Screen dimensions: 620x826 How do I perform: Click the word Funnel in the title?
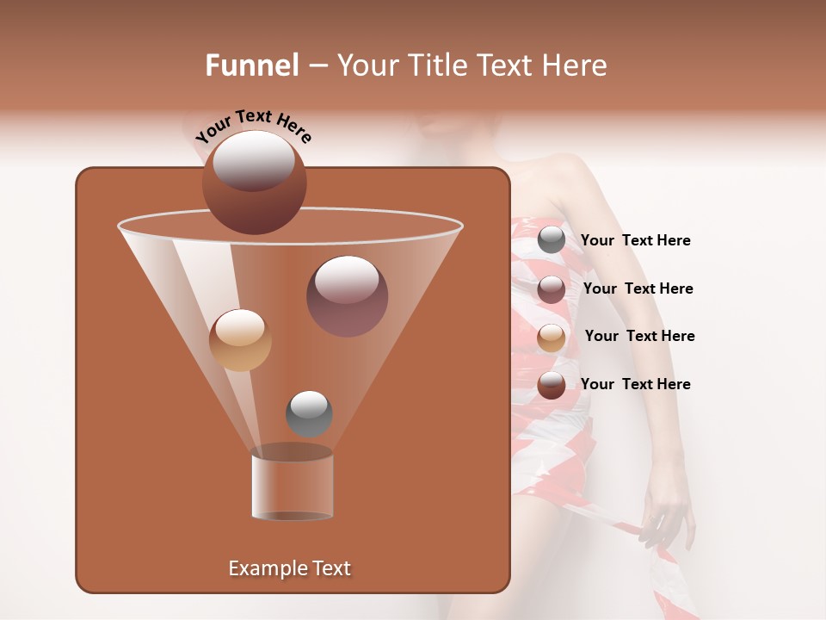(x=252, y=65)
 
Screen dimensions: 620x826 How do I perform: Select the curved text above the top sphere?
(x=253, y=127)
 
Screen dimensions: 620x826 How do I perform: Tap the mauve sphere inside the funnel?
(x=347, y=296)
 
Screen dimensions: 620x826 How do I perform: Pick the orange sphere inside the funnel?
(x=240, y=340)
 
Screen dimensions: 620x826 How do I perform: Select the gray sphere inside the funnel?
(x=309, y=413)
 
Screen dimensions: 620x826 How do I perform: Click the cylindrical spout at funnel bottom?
(x=292, y=487)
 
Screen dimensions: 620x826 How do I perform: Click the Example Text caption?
(x=289, y=568)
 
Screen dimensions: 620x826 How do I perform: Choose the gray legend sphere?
(x=552, y=240)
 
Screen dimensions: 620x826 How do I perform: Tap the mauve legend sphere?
(x=552, y=288)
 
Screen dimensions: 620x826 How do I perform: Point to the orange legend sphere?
(x=552, y=337)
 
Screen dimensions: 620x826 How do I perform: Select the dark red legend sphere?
(x=552, y=385)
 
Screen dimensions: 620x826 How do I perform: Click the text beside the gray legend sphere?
(x=635, y=240)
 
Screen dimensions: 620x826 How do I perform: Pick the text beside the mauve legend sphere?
(x=638, y=288)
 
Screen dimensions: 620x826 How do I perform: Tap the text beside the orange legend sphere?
(x=639, y=336)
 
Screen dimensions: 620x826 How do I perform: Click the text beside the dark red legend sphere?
(x=635, y=384)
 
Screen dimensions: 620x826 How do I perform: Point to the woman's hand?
(x=664, y=517)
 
